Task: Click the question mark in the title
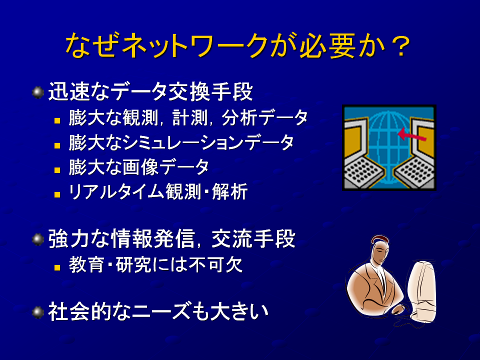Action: (400, 46)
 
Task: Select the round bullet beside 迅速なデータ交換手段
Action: (38, 92)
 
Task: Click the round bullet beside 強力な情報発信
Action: (38, 239)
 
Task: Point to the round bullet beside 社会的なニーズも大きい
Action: (38, 312)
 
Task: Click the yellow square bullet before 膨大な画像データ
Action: (57, 170)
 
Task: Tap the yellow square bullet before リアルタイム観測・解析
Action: (57, 194)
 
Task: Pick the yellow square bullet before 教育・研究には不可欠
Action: (57, 267)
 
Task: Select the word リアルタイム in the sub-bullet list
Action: (116, 192)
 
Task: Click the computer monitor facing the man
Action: (422, 291)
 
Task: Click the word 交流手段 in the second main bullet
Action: (253, 238)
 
